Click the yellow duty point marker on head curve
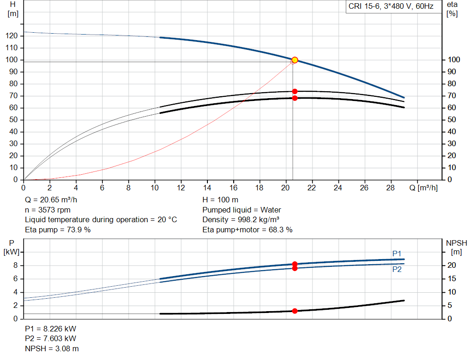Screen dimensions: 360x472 [x=295, y=60]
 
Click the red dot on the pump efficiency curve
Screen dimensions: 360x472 [x=295, y=91]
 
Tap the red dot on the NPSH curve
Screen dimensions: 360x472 [x=295, y=311]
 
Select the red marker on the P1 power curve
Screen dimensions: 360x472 [x=295, y=264]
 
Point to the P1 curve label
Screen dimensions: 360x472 [x=397, y=254]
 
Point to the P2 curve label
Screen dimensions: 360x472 [x=397, y=270]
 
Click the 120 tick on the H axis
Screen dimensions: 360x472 [x=13, y=36]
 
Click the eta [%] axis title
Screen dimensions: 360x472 [x=452, y=9]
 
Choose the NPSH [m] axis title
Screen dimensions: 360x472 [x=456, y=247]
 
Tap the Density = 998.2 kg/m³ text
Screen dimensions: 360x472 [x=241, y=219]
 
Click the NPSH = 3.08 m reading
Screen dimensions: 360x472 [x=52, y=349]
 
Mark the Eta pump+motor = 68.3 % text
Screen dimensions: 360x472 [x=248, y=230]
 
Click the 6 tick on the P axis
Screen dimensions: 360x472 [x=15, y=279]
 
